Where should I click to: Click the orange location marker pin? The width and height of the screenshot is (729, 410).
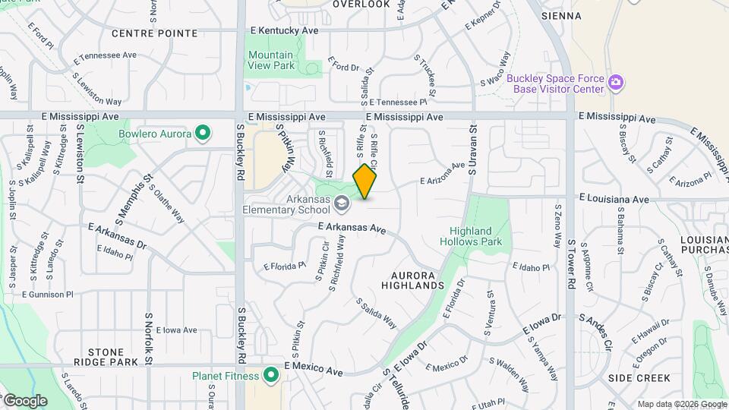[365, 181]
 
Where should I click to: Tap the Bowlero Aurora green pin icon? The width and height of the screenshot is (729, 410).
[202, 134]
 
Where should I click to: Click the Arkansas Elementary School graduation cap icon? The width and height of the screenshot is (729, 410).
[342, 202]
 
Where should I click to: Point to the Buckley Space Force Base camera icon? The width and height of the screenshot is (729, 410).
[617, 82]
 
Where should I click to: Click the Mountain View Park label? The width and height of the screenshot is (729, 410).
[270, 60]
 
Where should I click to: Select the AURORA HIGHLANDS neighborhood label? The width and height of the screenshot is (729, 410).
[417, 279]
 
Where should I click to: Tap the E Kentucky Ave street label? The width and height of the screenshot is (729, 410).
[284, 30]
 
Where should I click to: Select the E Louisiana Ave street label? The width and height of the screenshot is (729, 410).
[614, 199]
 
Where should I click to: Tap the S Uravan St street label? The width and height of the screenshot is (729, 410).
[472, 150]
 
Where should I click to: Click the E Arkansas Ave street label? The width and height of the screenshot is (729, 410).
[352, 227]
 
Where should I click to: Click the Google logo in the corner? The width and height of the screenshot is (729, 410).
[24, 400]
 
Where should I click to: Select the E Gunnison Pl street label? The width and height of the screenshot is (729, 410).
[47, 294]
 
